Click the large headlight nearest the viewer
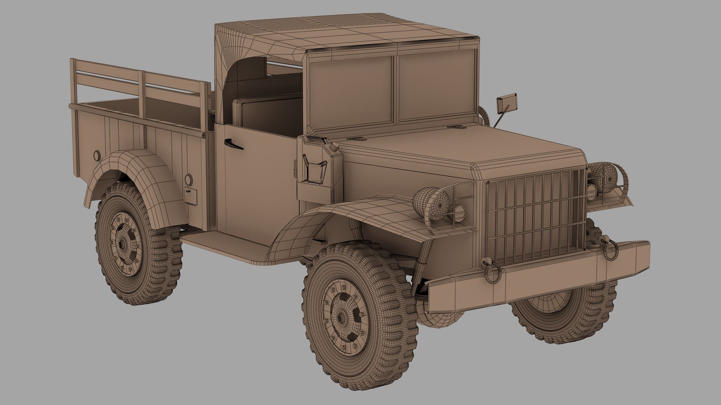(433, 203)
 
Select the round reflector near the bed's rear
(97, 155)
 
